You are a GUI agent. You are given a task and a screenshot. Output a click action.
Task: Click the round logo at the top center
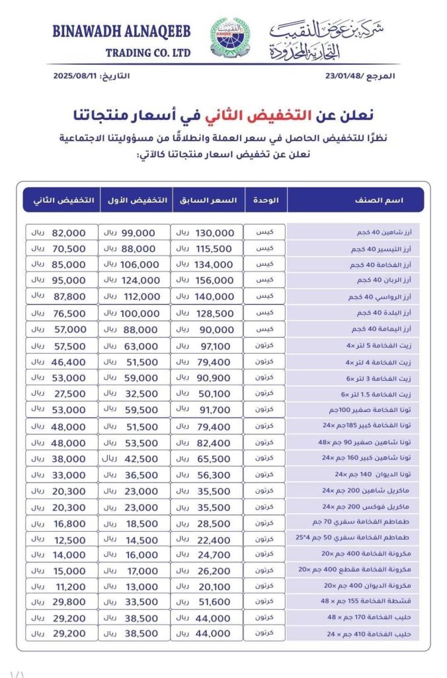[227, 39]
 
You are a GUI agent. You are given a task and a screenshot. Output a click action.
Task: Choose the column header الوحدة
[265, 200]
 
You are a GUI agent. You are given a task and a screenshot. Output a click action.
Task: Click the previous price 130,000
[216, 233]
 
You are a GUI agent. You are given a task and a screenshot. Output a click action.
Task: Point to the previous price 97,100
[216, 346]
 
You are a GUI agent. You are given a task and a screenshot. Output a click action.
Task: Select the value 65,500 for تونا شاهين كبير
[216, 458]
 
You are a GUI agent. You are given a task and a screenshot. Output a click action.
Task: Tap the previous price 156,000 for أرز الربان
[216, 281]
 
